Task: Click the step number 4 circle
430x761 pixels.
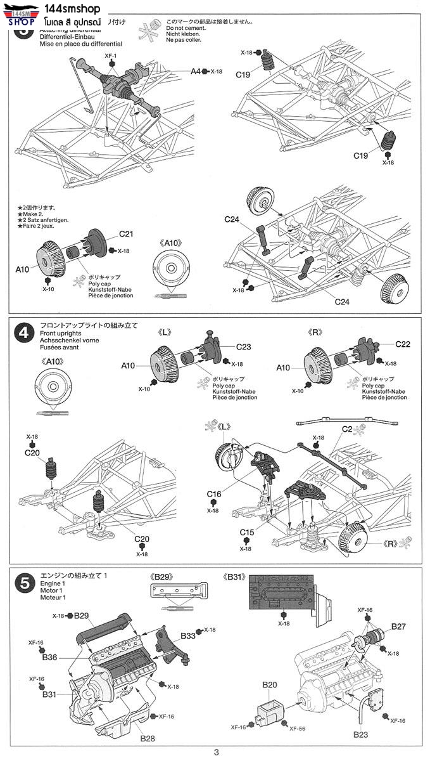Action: [x=23, y=334]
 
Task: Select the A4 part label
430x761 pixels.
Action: [x=196, y=72]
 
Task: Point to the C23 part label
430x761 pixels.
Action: [x=244, y=346]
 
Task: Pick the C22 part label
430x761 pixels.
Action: [x=403, y=344]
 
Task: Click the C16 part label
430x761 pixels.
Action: [x=213, y=494]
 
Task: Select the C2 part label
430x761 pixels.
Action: [x=346, y=429]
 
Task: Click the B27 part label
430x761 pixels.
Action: [x=398, y=626]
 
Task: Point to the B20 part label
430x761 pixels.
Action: [x=270, y=685]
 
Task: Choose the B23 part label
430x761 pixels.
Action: [x=360, y=735]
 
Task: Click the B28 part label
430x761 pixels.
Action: [x=147, y=739]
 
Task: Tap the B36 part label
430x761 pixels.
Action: [x=50, y=657]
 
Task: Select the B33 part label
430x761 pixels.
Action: [x=188, y=635]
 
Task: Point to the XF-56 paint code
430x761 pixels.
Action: [x=298, y=728]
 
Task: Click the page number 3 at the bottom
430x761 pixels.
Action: [x=216, y=752]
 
